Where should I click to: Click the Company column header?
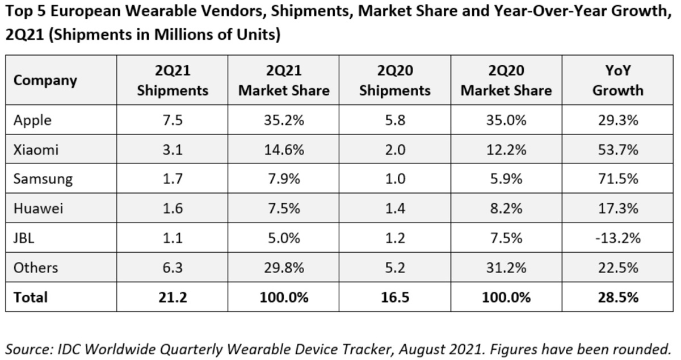coord(45,81)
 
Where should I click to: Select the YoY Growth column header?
coord(617,81)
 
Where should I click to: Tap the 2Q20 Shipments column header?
coord(394,81)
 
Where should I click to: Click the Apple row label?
coord(32,120)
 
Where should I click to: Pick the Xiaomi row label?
coord(36,150)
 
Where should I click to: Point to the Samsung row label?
coord(43,179)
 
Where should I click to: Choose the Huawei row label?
coord(38,208)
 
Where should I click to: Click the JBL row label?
coord(24,238)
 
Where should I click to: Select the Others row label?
coord(36,267)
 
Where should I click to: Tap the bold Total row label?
coord(31,297)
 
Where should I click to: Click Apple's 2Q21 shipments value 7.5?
coord(173,120)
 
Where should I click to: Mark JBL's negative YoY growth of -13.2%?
coord(617,238)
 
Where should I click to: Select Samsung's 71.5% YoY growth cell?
coord(617,179)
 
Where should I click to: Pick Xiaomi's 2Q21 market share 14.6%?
coord(283,150)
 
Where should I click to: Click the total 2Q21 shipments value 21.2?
coord(173,297)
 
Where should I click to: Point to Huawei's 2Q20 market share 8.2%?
coord(506,208)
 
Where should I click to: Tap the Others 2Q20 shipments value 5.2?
coord(394,267)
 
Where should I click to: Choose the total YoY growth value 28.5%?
coord(617,297)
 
